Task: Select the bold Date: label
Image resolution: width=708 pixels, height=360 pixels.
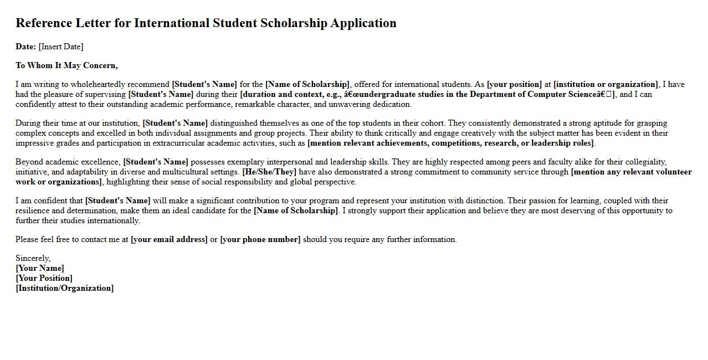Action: coord(25,47)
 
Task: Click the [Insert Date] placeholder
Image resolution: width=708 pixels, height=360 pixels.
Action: coord(61,47)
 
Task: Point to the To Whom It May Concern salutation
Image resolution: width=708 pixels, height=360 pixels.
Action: coord(66,65)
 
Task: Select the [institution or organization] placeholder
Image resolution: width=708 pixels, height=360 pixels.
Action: coord(606,84)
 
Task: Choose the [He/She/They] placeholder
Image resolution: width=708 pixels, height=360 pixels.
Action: coord(269,172)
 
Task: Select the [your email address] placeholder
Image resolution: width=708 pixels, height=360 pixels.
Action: coord(169,239)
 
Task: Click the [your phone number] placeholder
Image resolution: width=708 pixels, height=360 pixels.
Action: coord(260,239)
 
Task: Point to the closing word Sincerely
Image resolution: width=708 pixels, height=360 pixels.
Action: coord(33,258)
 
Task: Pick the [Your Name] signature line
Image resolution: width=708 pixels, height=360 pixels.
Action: coord(40,268)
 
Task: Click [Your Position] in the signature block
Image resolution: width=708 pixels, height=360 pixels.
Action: coord(44,278)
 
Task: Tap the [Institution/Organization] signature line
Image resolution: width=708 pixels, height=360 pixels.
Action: coord(64,288)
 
